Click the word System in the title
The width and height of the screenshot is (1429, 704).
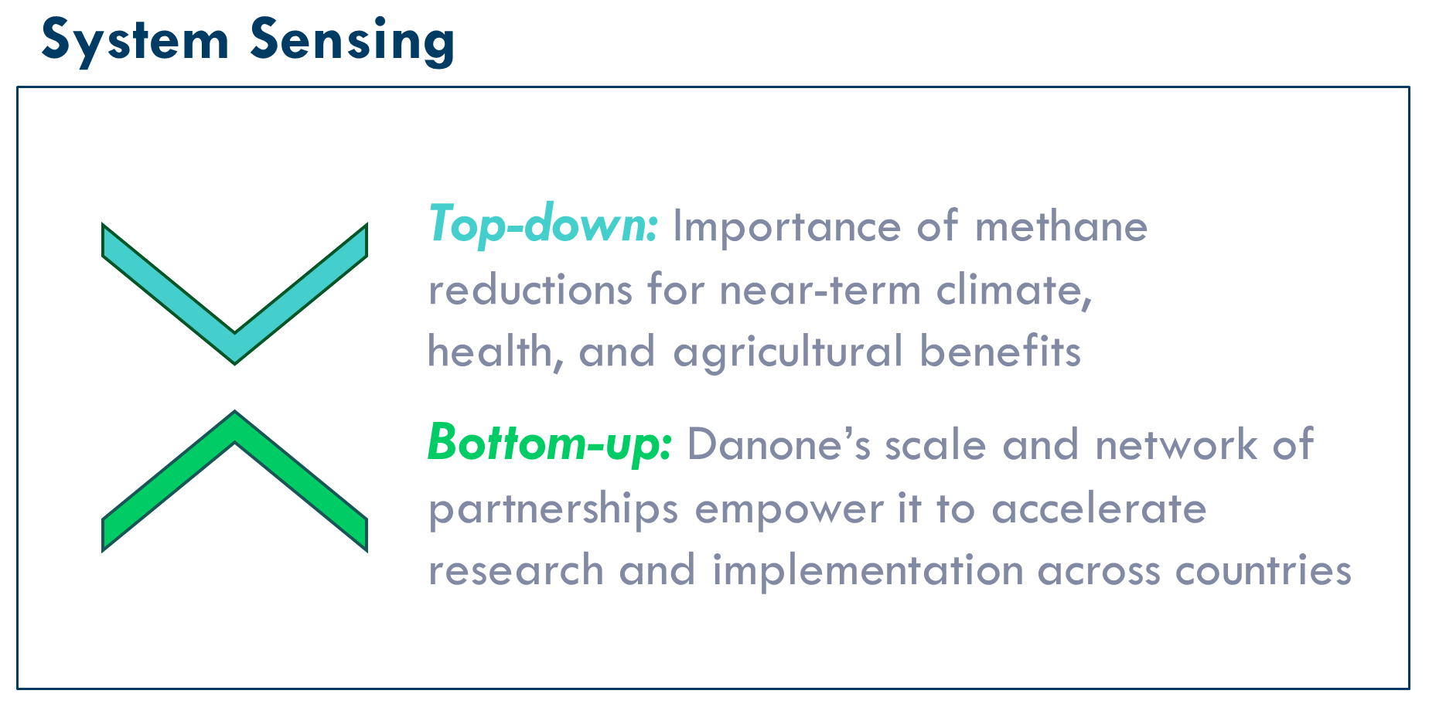click(135, 41)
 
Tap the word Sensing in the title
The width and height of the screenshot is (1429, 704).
click(353, 41)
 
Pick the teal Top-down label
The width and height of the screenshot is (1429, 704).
click(543, 225)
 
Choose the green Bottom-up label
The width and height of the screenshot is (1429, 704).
click(550, 443)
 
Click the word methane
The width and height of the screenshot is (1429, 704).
click(1061, 226)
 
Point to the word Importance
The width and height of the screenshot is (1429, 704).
click(787, 228)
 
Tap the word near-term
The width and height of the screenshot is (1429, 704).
click(820, 291)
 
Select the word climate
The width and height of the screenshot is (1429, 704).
click(1014, 291)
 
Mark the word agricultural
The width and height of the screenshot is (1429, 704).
click(789, 353)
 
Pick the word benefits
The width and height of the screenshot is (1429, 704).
click(1000, 352)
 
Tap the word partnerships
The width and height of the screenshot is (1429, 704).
click(554, 510)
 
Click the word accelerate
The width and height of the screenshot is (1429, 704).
click(1099, 509)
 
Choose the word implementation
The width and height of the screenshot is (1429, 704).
click(868, 572)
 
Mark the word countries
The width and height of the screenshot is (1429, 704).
click(1263, 571)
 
